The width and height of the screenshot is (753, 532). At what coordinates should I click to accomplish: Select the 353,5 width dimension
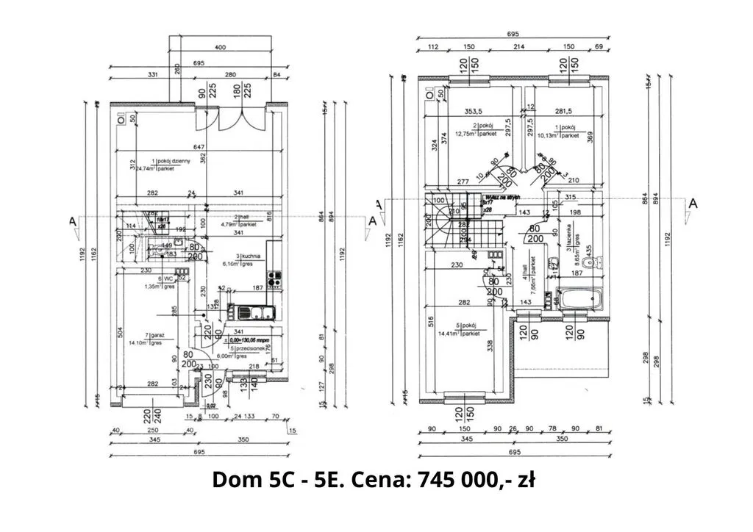(474, 112)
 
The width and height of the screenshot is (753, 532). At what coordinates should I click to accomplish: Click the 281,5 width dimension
(564, 112)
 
